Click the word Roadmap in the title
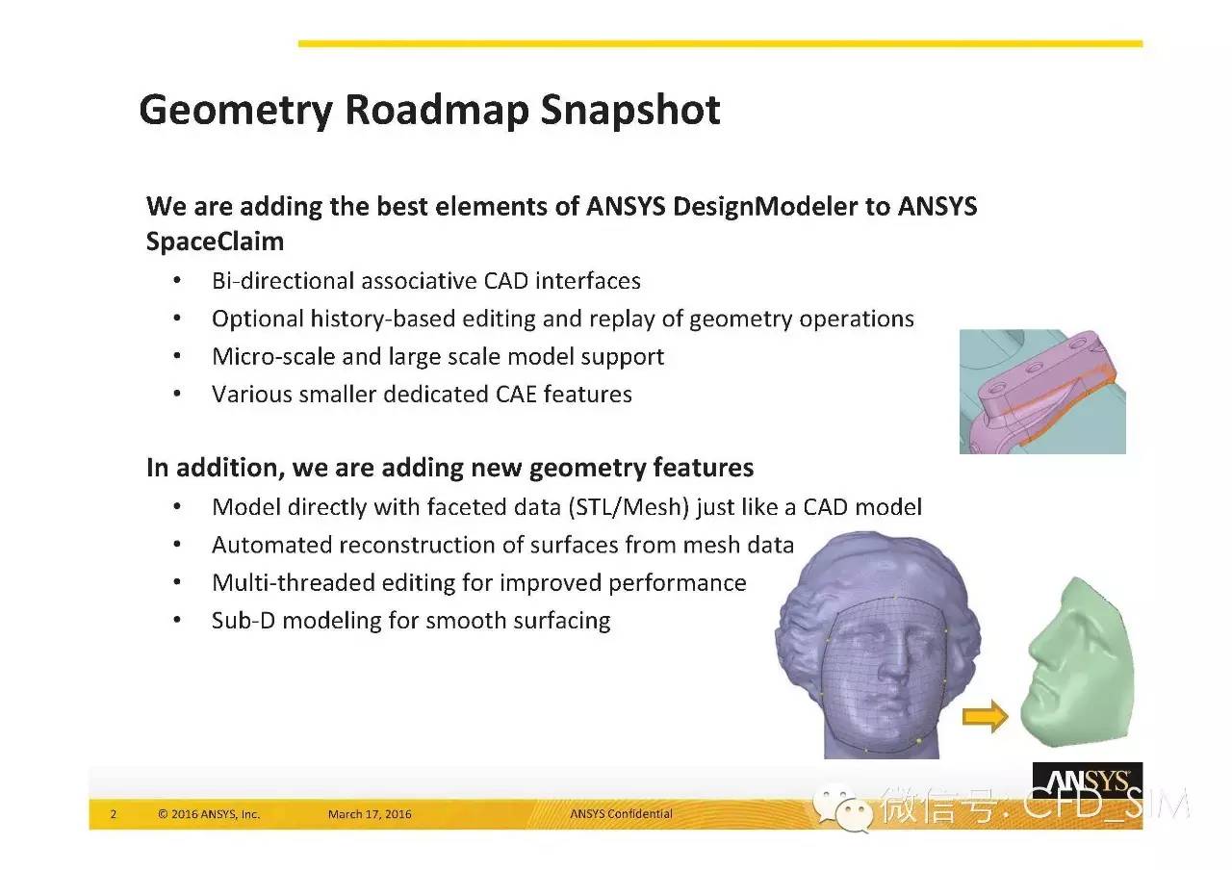pos(437,110)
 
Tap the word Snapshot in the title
pos(630,110)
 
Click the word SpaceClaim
pos(215,242)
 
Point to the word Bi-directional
pos(283,281)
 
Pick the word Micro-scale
pos(273,356)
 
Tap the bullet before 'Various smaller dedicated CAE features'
pos(177,394)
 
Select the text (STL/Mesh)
pos(629,507)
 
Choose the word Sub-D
pos(244,621)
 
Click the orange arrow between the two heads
pos(985,717)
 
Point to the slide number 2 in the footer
pos(114,814)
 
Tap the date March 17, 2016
pos(370,814)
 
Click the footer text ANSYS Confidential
pos(621,813)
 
